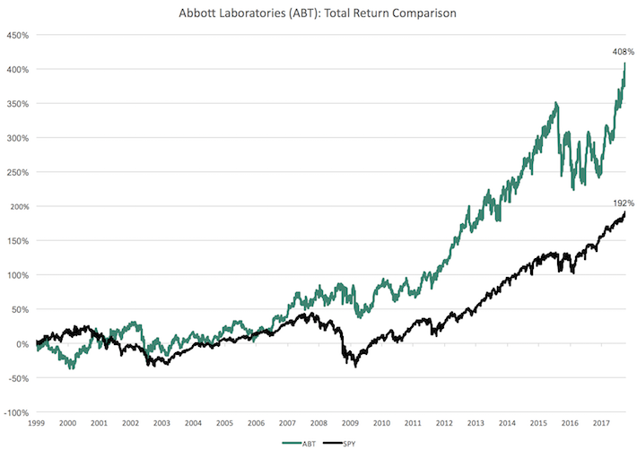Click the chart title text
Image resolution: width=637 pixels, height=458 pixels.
(318, 14)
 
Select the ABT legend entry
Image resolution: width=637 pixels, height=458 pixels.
(301, 443)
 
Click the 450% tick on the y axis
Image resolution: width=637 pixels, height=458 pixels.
(18, 36)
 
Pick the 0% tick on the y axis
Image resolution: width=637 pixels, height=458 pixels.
(22, 344)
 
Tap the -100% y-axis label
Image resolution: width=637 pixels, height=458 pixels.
(16, 412)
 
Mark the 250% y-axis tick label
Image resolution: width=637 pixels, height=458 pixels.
(18, 173)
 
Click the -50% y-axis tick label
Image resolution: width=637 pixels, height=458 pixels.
(18, 378)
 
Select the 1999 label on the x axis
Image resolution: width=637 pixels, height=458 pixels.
(36, 422)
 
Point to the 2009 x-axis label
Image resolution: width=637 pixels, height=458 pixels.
(350, 422)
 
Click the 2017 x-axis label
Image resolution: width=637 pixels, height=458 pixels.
(601, 422)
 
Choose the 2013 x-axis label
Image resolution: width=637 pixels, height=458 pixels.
(476, 422)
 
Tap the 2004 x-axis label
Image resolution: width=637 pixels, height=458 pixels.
(193, 422)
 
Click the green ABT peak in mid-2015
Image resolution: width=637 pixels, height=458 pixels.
(556, 103)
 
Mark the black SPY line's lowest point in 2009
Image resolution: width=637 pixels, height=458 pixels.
(355, 366)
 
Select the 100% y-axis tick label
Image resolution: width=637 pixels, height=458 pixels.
(18, 275)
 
